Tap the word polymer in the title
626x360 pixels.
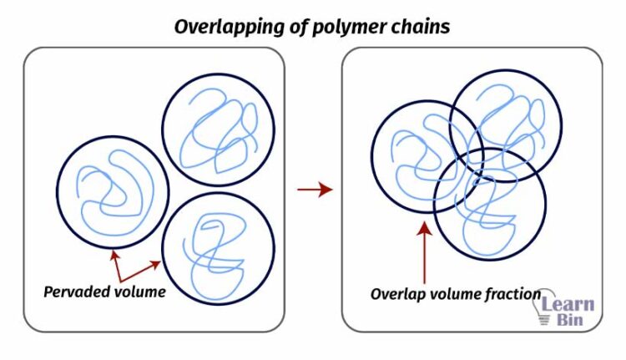338,27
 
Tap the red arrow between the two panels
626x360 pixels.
315,190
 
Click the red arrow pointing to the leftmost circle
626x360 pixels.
116,264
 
